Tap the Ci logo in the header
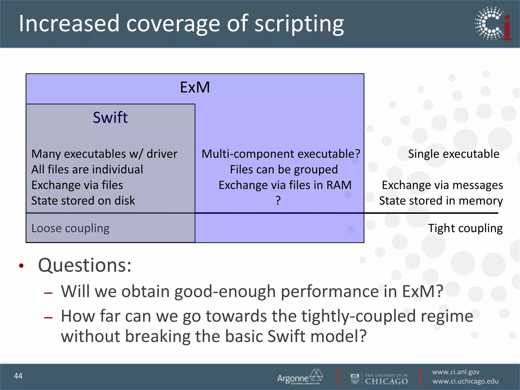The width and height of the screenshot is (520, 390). (x=493, y=24)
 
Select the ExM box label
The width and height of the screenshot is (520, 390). (x=195, y=87)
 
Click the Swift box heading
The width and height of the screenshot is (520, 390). (x=110, y=118)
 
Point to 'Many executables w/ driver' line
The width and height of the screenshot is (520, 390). (x=104, y=154)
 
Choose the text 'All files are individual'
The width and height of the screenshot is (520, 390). (x=87, y=169)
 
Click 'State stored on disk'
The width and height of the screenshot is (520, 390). (x=83, y=201)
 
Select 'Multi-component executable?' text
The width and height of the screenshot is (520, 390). (x=281, y=154)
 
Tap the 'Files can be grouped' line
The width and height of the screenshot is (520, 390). (x=284, y=169)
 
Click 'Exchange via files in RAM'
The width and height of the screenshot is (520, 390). (x=285, y=185)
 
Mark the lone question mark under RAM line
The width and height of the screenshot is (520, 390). (x=278, y=201)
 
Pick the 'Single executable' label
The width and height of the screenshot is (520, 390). (x=453, y=154)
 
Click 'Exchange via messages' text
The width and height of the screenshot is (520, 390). (x=442, y=185)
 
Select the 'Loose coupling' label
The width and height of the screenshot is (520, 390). (x=70, y=228)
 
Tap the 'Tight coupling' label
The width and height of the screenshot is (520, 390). (x=465, y=228)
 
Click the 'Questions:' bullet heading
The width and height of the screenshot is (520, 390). (x=85, y=265)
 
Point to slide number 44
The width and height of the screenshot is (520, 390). (x=18, y=376)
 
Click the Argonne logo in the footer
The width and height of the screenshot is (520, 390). (x=300, y=377)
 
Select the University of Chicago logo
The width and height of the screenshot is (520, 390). (x=379, y=379)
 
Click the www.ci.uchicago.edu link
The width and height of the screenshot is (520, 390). (x=465, y=381)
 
